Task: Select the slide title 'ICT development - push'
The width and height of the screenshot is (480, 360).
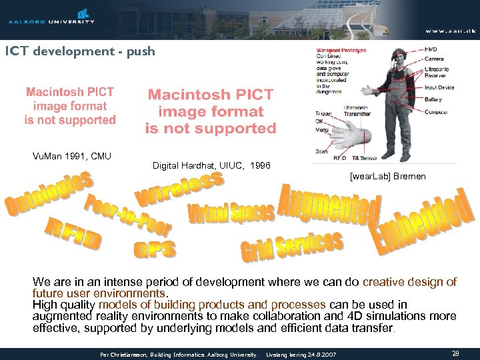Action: [80, 51]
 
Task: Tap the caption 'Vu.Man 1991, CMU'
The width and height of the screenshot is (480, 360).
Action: [72, 157]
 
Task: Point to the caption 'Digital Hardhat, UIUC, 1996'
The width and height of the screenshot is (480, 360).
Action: [211, 165]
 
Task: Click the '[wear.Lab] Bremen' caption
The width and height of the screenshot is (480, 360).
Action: [387, 178]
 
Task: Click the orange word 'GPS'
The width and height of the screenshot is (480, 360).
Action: [155, 250]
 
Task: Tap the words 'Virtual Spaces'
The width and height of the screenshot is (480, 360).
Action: [231, 213]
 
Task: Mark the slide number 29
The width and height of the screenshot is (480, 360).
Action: [455, 353]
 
